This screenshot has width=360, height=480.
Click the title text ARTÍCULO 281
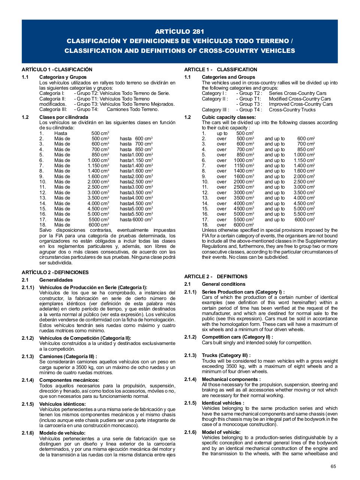[x=180, y=31]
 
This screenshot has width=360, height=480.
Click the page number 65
[x=333, y=466]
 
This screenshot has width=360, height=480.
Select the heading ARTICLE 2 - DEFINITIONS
[x=216, y=276]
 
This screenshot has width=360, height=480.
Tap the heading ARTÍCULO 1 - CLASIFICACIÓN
[x=57, y=69]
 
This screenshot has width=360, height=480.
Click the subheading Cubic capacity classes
[x=229, y=117]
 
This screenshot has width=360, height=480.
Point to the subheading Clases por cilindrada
[x=64, y=117]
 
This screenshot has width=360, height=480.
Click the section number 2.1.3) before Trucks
[x=190, y=355]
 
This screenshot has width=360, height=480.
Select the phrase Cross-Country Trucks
[x=292, y=109]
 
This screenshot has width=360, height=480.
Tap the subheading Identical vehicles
[x=223, y=403]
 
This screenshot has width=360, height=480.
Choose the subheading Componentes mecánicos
[x=69, y=380]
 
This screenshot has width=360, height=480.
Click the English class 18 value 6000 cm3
[x=243, y=225]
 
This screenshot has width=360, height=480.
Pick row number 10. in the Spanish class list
[x=43, y=182]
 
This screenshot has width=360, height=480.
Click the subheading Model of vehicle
[x=221, y=432]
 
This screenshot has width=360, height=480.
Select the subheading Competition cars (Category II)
[x=237, y=337]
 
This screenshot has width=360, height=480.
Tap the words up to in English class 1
[x=222, y=133]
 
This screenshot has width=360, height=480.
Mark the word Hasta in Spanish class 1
[x=61, y=133]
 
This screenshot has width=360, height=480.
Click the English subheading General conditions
[x=223, y=284]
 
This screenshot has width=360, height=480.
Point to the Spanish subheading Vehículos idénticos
[x=63, y=404]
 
